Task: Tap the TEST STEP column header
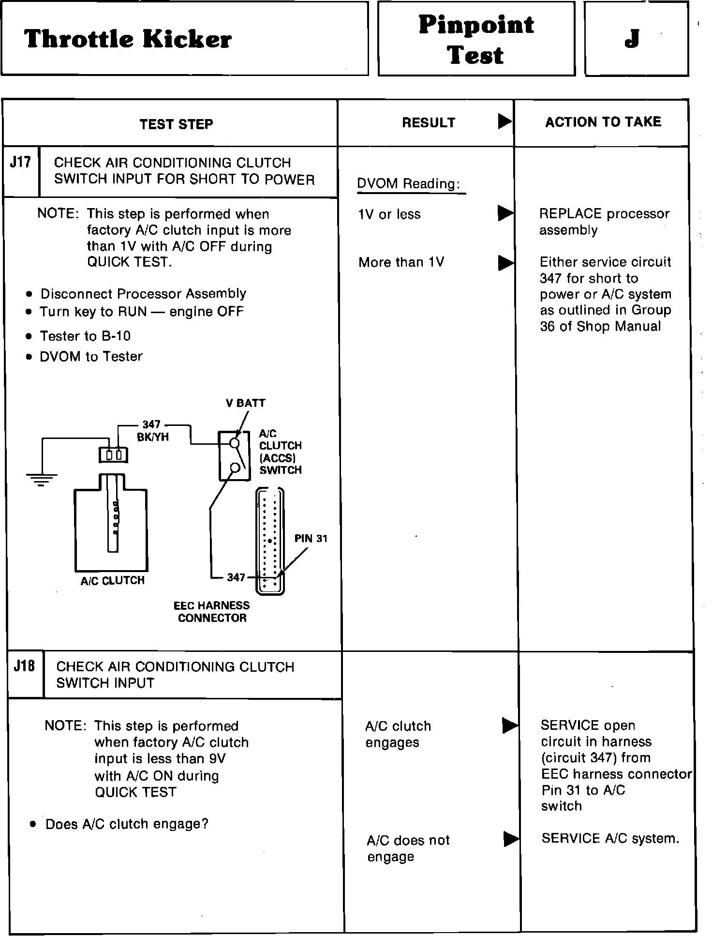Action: click(x=176, y=124)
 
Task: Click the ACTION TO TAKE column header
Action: click(x=603, y=122)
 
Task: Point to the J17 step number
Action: click(x=20, y=162)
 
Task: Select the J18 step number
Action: click(x=24, y=666)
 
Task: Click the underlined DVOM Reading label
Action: click(x=409, y=184)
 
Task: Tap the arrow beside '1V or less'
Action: click(x=505, y=213)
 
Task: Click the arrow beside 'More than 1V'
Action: click(x=505, y=262)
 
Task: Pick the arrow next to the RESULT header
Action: click(x=504, y=121)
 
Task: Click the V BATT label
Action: click(x=245, y=403)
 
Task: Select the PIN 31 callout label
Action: click(x=311, y=539)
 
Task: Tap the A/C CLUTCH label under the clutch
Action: click(x=112, y=581)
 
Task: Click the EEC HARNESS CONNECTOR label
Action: click(x=212, y=612)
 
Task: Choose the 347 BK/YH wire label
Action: click(x=152, y=431)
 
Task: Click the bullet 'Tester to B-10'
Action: click(x=85, y=336)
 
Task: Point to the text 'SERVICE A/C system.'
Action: click(x=610, y=838)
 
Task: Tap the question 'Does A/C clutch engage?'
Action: click(x=127, y=824)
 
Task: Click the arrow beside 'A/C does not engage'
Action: click(x=510, y=839)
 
